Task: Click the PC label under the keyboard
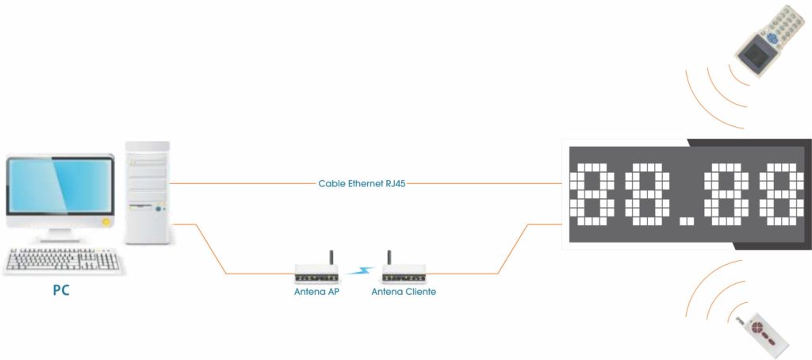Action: coord(60,290)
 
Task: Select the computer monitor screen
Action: coord(60,187)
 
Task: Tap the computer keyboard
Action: coord(63,260)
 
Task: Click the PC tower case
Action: coord(148,192)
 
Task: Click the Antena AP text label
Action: coord(316,292)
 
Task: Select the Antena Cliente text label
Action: coord(404,292)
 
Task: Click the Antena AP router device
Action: coord(317,274)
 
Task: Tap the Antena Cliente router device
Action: coord(404,274)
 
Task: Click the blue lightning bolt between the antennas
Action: coord(361,271)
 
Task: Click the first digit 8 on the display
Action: coord(593,193)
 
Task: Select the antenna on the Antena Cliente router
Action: coord(389,259)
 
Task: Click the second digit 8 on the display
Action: coord(645,193)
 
